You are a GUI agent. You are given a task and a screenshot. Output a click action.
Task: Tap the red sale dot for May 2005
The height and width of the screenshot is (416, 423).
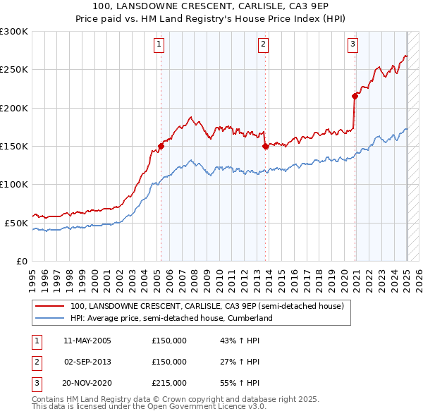[161, 147]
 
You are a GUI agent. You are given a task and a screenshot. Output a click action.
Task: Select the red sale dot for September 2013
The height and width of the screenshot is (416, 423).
[265, 147]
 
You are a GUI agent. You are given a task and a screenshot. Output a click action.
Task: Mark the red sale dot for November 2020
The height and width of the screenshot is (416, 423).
[355, 97]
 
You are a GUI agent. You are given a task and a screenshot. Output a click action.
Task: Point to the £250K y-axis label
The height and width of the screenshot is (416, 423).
[14, 70]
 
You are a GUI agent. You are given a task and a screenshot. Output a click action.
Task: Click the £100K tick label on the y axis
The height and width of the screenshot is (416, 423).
[14, 184]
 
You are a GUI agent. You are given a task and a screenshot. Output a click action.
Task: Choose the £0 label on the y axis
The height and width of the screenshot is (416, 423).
[21, 261]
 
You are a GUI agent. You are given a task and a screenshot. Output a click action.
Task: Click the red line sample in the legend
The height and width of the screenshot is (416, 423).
[49, 307]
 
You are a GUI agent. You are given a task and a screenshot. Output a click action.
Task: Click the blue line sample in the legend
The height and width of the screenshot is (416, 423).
[49, 319]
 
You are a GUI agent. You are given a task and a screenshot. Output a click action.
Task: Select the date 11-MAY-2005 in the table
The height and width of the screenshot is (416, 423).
[87, 341]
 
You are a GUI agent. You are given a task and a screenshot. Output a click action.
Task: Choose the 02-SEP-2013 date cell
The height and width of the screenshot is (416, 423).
[87, 362]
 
